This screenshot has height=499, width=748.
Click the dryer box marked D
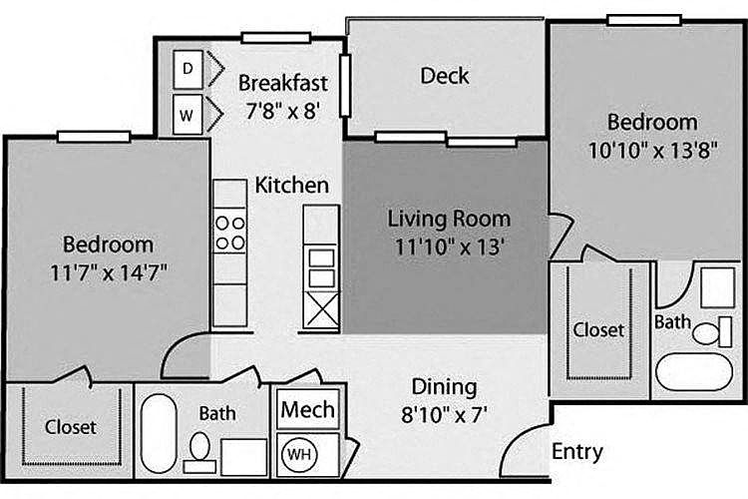point(187,70)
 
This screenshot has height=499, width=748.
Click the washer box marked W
point(187,115)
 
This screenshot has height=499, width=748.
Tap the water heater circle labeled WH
point(299,454)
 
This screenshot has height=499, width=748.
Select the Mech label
point(308,410)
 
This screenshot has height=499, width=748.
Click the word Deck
point(445,76)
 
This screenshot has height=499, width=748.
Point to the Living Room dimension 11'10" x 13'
point(450,247)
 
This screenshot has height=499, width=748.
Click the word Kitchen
point(292,186)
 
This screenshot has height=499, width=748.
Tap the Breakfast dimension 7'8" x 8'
point(283,111)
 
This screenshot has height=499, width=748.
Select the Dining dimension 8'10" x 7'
point(444,414)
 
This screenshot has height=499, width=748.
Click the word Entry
point(577,452)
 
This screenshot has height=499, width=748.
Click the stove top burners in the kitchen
point(230,233)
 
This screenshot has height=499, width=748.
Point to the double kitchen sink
point(321,267)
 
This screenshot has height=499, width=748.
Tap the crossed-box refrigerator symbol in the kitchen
point(321,310)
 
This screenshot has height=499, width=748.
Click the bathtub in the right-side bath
point(694,371)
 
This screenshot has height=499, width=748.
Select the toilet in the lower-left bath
point(199,453)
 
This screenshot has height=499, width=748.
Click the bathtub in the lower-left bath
point(159,433)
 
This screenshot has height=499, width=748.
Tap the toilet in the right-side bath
point(711,332)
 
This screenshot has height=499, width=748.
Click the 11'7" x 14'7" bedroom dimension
point(109,273)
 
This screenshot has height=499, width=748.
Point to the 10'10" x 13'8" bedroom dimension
point(652,151)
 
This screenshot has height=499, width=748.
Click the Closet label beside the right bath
point(598,330)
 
